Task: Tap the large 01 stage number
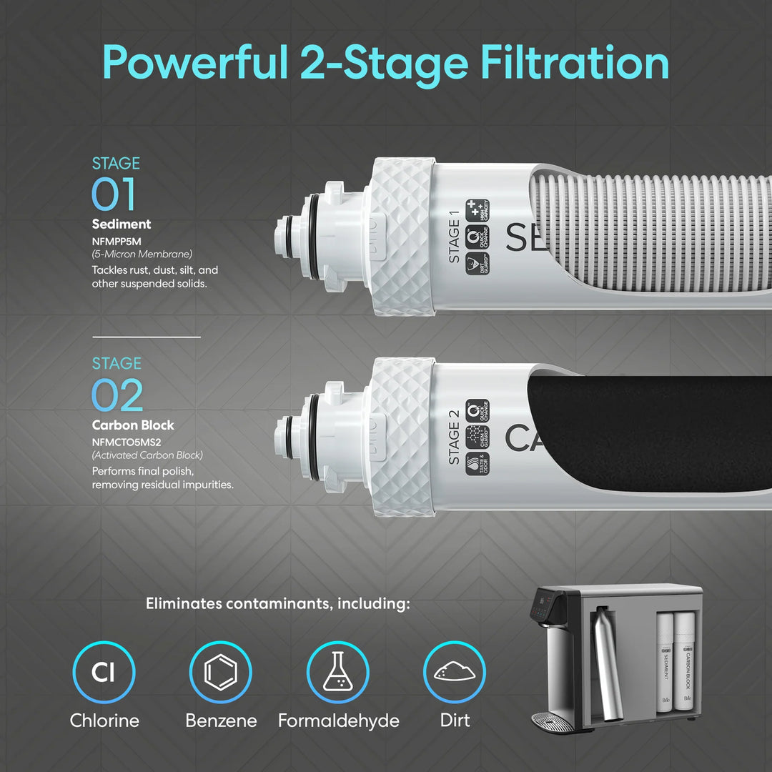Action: (x=114, y=194)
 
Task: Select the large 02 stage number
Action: (x=117, y=395)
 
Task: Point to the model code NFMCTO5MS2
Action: (x=126, y=441)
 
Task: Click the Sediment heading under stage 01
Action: (x=122, y=224)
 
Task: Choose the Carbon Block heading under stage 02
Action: (x=133, y=425)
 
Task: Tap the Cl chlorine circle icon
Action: (x=104, y=673)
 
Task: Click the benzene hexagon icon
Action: (x=220, y=673)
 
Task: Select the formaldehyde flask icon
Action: (x=337, y=673)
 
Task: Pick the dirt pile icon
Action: (x=455, y=673)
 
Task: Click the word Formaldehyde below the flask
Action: (x=338, y=721)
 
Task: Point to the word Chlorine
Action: (x=104, y=721)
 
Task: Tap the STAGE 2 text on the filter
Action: (x=454, y=443)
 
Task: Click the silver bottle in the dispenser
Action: (x=607, y=665)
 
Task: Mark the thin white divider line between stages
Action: (x=146, y=337)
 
